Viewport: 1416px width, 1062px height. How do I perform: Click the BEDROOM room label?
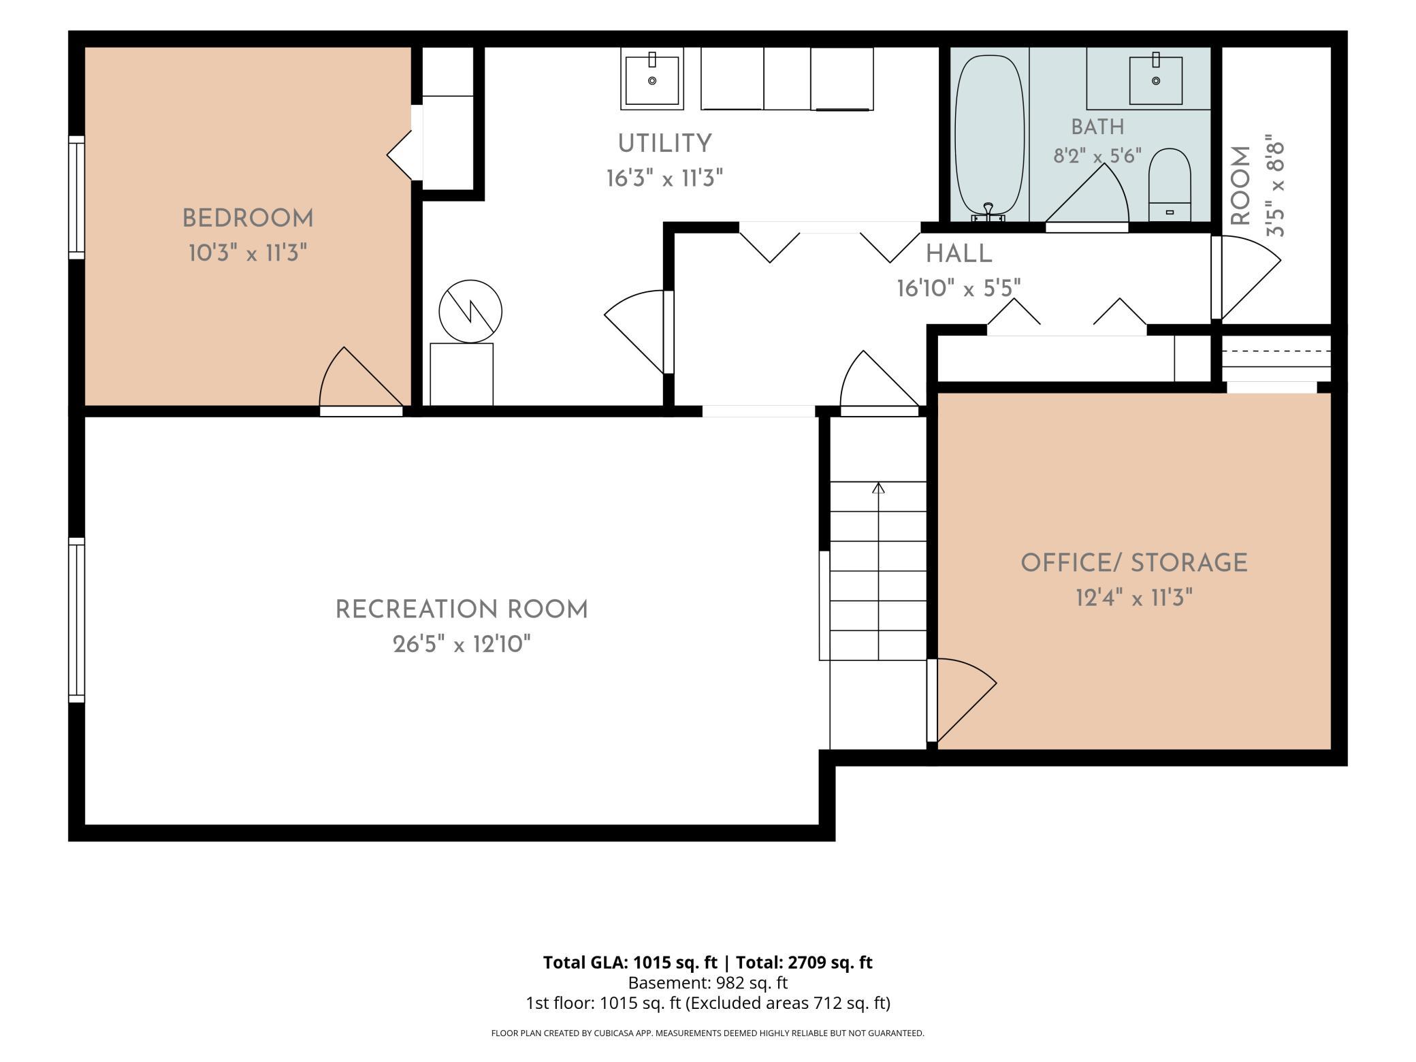(248, 219)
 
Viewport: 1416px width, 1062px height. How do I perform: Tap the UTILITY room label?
(664, 144)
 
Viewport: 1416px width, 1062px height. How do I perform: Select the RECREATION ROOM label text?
(462, 610)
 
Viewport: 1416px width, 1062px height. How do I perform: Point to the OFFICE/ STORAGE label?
(1134, 563)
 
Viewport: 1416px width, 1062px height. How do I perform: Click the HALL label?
(959, 254)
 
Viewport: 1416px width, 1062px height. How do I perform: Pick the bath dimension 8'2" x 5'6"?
(1097, 157)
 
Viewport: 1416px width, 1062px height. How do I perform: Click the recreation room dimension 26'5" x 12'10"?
(462, 644)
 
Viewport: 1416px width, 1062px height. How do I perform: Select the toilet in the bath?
(1170, 184)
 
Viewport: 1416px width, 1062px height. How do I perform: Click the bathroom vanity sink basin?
(1156, 80)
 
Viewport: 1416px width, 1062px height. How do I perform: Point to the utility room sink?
(652, 80)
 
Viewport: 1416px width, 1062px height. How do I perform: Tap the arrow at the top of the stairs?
(878, 487)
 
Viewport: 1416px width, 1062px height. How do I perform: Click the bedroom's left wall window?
(77, 197)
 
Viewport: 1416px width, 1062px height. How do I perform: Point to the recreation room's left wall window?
(77, 619)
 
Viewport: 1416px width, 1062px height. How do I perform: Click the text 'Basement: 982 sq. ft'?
(707, 983)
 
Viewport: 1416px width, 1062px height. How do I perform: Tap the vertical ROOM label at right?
(1241, 186)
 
